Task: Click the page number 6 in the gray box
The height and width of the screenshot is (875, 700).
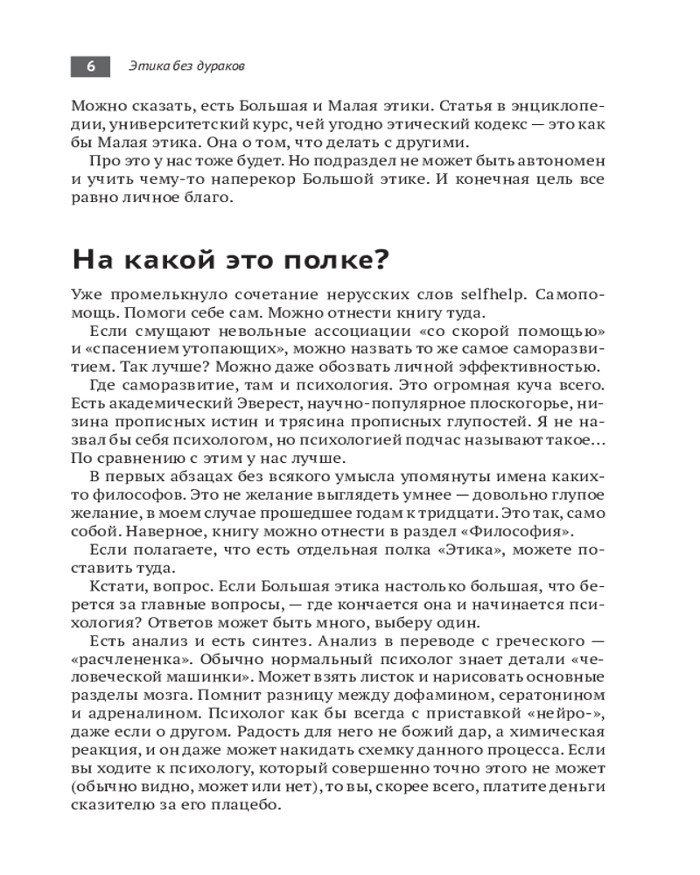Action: pos(90,66)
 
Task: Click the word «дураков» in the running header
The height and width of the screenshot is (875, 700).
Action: pos(220,66)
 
